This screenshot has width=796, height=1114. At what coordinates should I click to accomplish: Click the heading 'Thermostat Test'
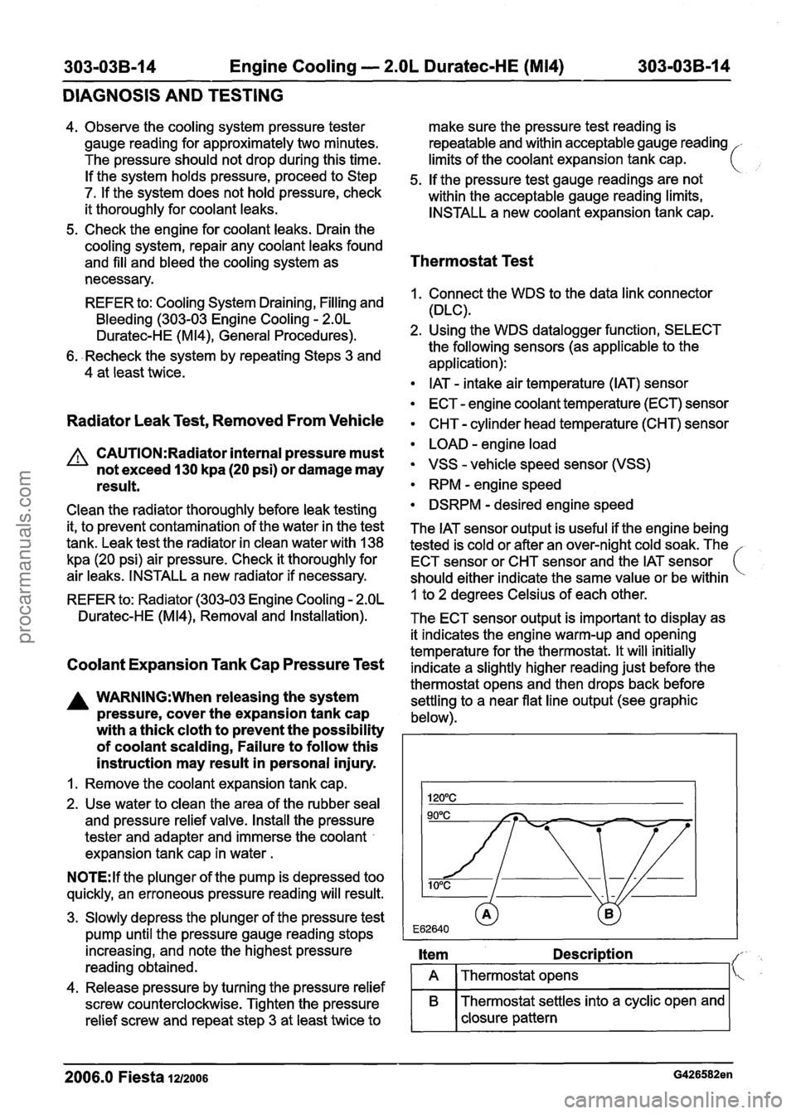(x=471, y=261)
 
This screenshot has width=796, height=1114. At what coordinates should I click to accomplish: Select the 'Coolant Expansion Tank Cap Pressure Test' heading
(x=225, y=664)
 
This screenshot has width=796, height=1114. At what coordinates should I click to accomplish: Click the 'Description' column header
(x=593, y=954)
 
